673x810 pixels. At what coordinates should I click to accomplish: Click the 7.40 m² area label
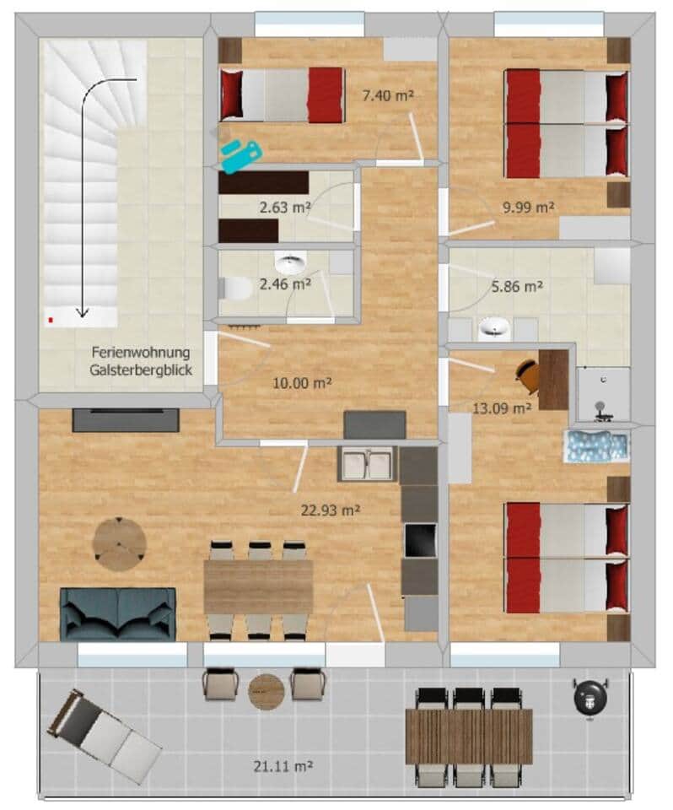[388, 95]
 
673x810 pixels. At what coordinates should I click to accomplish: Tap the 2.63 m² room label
[285, 208]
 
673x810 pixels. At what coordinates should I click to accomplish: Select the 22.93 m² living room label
[331, 510]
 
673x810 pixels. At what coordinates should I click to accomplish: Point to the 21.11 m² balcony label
[283, 766]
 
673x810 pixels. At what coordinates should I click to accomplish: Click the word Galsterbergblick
[141, 370]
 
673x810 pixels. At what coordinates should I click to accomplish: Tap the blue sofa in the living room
[118, 614]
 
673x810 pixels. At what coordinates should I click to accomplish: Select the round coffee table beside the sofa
[119, 544]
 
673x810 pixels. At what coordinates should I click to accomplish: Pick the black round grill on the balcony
[590, 697]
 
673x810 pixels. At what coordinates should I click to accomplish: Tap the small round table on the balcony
[267, 692]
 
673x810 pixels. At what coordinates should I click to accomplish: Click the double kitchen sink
[368, 463]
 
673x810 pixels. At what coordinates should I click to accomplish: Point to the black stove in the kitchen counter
[420, 540]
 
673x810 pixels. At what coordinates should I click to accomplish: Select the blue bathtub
[597, 446]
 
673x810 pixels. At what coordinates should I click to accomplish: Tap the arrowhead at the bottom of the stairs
[82, 312]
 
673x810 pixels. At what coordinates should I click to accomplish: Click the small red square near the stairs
[51, 321]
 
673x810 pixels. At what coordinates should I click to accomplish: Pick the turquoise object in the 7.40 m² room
[241, 154]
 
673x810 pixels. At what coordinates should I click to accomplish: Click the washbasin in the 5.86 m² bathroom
[494, 329]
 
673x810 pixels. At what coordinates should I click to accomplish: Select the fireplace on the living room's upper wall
[126, 420]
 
